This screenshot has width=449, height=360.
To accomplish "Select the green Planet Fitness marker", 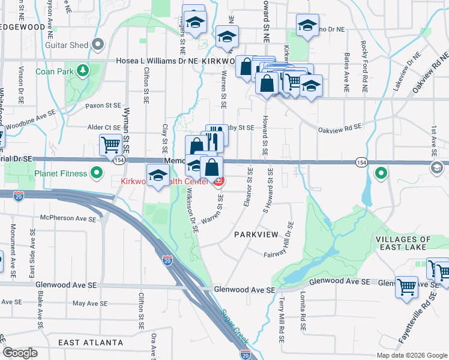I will (x=97, y=174).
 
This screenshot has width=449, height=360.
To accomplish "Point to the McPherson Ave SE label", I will (x=68, y=218).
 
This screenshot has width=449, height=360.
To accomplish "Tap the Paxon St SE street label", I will (x=103, y=105).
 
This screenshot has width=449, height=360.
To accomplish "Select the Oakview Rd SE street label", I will (x=340, y=128).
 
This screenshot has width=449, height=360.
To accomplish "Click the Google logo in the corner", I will (x=20, y=353).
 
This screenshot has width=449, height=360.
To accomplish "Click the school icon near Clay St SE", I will (x=158, y=176).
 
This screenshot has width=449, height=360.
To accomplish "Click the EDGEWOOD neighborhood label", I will (x=22, y=28).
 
